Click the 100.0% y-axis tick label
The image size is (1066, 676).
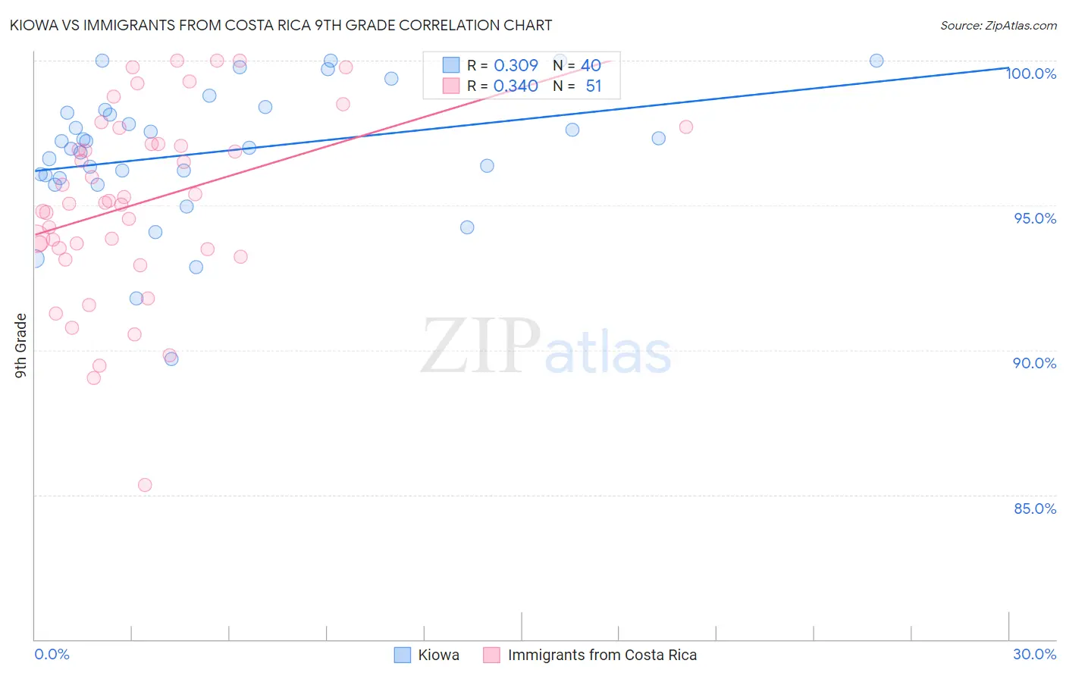point(1031,74)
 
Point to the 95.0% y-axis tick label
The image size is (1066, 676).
point(1035,218)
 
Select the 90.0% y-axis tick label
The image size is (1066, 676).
point(1035,363)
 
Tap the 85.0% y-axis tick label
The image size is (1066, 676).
point(1035,509)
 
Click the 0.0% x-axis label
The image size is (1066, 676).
point(52,654)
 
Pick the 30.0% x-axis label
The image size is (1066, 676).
point(1034,654)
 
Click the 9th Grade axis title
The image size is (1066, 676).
point(21,345)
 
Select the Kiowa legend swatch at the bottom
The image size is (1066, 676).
point(403,655)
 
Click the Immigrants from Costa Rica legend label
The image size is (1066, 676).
point(602,655)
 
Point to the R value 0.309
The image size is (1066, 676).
point(516,66)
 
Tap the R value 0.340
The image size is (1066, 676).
point(516,86)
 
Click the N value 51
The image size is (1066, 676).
point(593,86)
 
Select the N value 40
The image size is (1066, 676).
point(591,66)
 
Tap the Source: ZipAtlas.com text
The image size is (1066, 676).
point(998,26)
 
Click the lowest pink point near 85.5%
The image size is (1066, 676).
point(145,485)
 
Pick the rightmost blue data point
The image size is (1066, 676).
point(876,61)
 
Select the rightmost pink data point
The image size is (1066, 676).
point(686,127)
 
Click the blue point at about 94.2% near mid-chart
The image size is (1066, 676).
point(467,227)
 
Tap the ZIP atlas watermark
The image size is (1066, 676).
point(546,346)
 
